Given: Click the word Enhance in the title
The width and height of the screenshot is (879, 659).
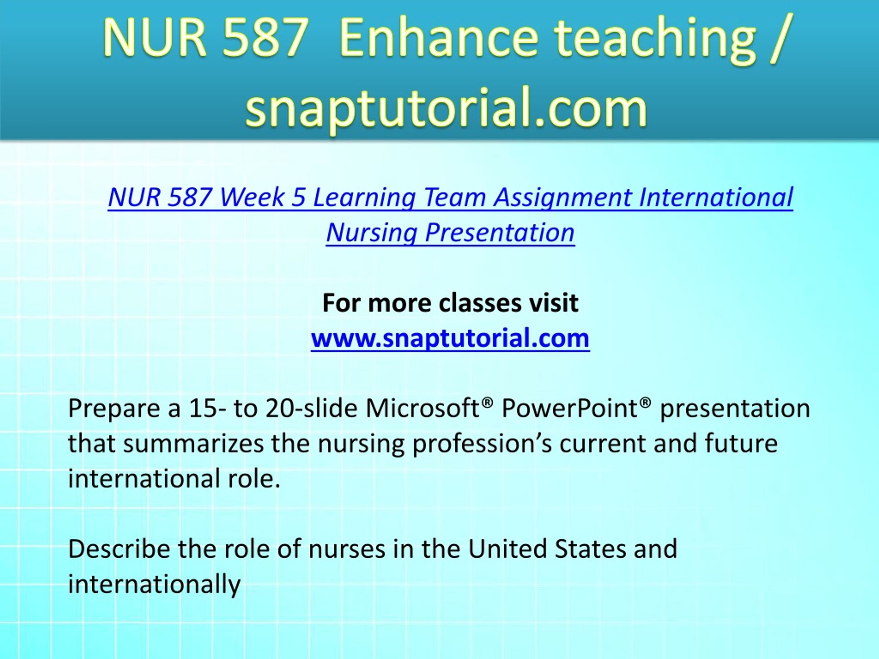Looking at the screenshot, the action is (439, 39).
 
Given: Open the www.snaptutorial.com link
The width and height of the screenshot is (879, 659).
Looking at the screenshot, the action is (450, 339).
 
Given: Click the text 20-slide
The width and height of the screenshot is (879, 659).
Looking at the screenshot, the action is (311, 408).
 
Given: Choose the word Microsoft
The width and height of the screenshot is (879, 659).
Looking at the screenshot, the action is (424, 408).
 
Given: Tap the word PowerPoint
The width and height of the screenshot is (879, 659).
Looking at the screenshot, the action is (569, 408).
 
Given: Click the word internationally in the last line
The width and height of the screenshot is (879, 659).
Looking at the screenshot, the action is (155, 584).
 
